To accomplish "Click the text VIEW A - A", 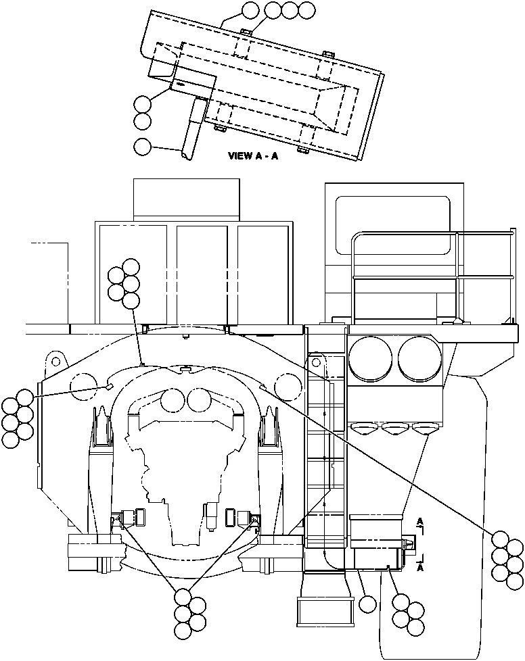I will coord(253,155).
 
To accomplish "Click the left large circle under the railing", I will coord(371,358).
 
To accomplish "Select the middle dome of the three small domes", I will coord(393,427).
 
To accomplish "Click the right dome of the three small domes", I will coord(424,427).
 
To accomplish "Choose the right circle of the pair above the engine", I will coord(199,400).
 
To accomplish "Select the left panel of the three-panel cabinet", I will coord(133,274).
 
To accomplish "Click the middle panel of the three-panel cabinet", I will coord(202,274).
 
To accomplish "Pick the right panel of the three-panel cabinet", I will coord(263,274).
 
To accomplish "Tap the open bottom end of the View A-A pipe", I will coord(185,157).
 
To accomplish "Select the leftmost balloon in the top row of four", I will coord(250,10).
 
